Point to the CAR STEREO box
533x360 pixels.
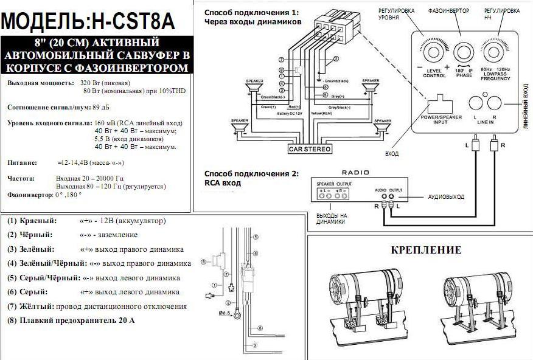point(310,148)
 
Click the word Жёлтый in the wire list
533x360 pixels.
point(37,306)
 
